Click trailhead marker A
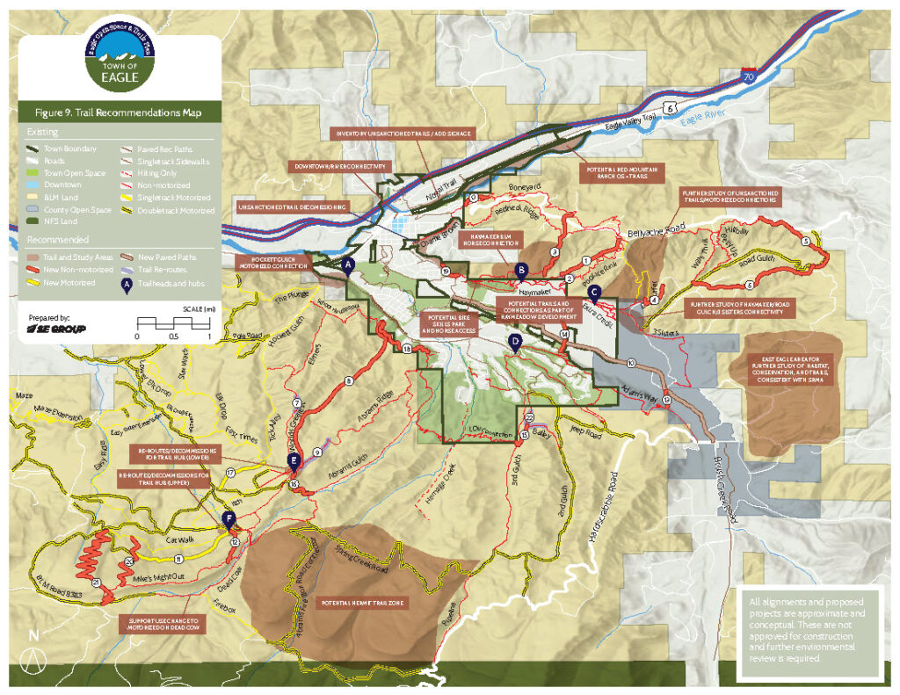348,263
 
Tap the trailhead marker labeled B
521,270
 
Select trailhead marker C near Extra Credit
594,292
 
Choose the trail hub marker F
229,519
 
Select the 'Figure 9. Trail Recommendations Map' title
119,112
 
